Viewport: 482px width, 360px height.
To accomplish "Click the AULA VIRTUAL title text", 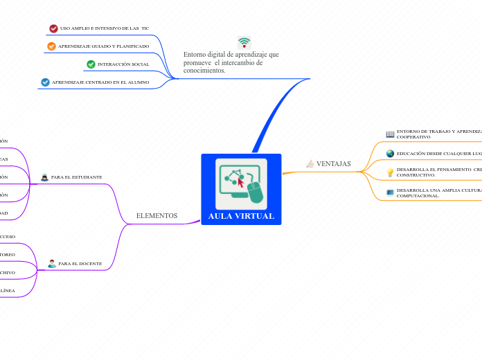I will click(241, 216).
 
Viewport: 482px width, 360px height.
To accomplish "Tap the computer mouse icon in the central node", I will click(256, 193).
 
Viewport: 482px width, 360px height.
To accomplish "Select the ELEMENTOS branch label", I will click(157, 216).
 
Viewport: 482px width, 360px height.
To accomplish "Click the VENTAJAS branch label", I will click(333, 164).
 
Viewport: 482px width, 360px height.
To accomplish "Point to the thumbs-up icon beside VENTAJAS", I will click(310, 163).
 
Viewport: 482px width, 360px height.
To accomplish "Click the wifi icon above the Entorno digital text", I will click(244, 42).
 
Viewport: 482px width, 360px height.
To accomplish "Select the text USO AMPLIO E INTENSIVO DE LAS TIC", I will click(104, 28).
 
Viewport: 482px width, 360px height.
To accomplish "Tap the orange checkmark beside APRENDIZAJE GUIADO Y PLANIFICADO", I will click(51, 46).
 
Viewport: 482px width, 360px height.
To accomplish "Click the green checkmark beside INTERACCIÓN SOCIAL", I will click(91, 64).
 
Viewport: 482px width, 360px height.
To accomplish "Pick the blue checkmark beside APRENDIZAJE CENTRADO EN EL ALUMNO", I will click(45, 82).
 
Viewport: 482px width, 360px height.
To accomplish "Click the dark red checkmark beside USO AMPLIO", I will click(53, 28).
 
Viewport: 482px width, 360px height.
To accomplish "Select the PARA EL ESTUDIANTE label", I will click(76, 177).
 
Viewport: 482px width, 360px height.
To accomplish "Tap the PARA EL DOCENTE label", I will click(80, 264).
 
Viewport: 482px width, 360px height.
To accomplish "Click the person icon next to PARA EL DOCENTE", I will click(52, 264).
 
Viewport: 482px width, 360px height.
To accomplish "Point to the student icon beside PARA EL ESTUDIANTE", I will click(44, 177).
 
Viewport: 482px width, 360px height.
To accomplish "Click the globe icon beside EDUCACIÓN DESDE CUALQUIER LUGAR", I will click(390, 154).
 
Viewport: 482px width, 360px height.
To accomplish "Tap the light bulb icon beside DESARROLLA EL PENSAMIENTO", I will click(390, 172).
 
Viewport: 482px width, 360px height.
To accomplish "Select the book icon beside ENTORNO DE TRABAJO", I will click(390, 134).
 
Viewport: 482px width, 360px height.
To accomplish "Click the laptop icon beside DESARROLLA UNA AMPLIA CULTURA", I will click(390, 192).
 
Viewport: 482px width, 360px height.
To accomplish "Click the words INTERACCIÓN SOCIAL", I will click(123, 64).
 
